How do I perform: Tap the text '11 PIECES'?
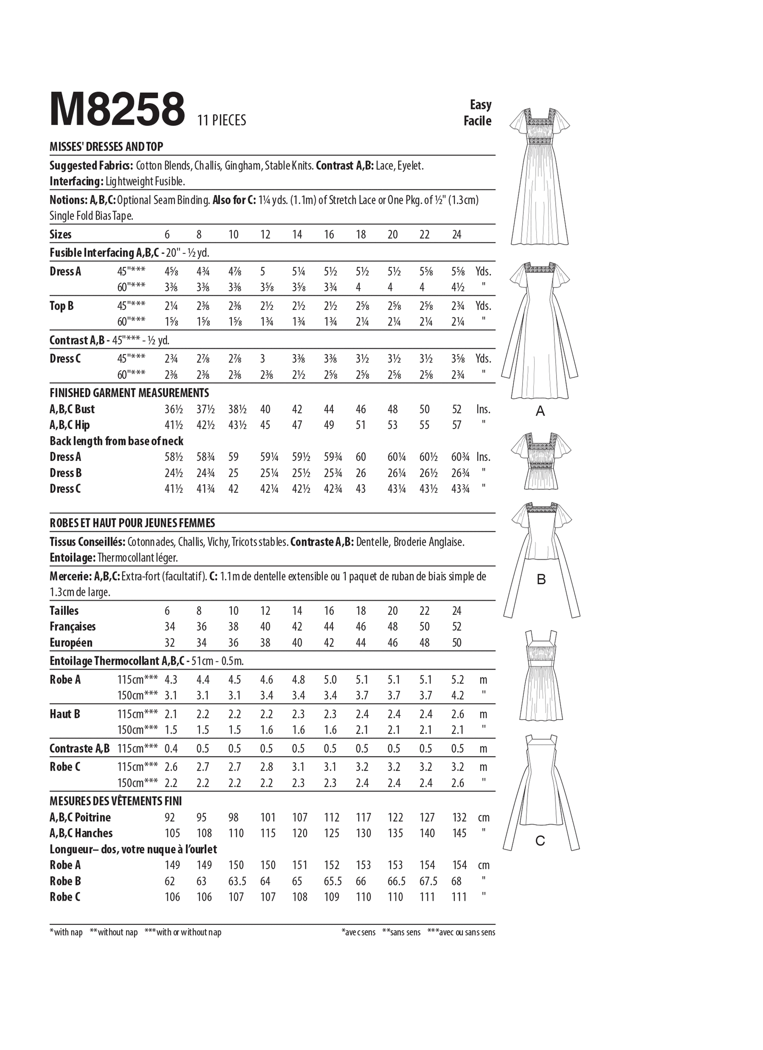[x=221, y=120]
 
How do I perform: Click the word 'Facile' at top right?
[x=477, y=121]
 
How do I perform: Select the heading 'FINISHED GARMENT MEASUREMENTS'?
[x=129, y=393]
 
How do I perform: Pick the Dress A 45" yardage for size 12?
[x=263, y=272]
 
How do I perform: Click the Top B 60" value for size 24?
[x=458, y=322]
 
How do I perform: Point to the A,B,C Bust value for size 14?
[x=297, y=409]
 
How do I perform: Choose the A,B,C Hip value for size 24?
[x=457, y=425]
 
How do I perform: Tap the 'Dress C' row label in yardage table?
[x=65, y=359]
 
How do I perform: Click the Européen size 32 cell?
[x=170, y=643]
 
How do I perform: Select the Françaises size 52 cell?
[x=457, y=627]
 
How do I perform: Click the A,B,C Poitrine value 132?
[x=460, y=818]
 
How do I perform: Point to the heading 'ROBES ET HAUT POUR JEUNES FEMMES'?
[x=133, y=523]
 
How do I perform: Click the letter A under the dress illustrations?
[x=540, y=411]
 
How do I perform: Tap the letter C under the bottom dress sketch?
[x=540, y=841]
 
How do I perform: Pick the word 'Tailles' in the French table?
[x=64, y=611]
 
